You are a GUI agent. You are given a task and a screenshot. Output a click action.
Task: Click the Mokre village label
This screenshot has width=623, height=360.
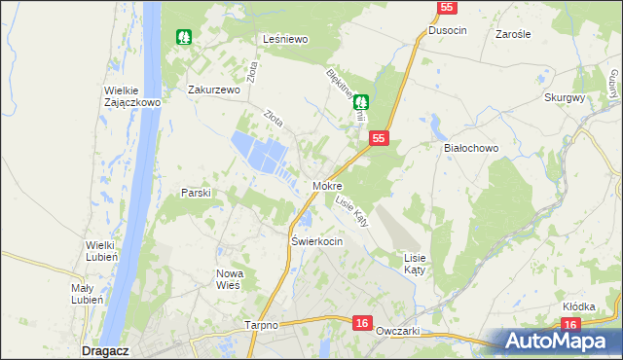327,185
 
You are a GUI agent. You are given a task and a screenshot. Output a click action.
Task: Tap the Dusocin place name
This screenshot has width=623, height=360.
448,31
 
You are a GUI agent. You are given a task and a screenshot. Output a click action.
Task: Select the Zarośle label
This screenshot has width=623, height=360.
512,33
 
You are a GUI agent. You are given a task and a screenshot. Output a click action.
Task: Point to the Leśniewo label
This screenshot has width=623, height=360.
286,39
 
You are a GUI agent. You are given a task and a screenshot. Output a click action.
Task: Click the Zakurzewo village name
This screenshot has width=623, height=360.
213,90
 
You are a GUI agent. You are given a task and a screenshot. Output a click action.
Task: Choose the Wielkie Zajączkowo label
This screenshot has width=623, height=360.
131,98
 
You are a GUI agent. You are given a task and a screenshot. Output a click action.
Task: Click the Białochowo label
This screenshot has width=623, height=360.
471,148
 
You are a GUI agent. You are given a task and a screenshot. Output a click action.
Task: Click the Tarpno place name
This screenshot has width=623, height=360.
262,326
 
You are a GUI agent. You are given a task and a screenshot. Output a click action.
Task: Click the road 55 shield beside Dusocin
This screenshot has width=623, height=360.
445,8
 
